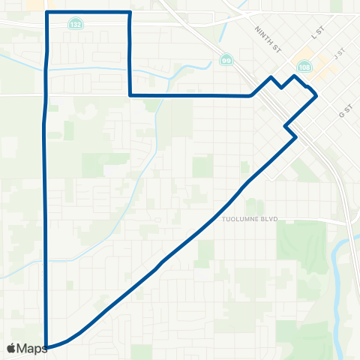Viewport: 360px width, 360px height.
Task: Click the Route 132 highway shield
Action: click(x=78, y=24)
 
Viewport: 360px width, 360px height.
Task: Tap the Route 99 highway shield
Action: click(x=226, y=59)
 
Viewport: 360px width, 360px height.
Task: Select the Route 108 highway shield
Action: click(x=304, y=67)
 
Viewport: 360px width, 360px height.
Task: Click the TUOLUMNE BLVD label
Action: click(x=250, y=220)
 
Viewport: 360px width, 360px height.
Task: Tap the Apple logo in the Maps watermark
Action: click(x=11, y=349)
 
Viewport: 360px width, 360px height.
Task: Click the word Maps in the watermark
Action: click(x=32, y=349)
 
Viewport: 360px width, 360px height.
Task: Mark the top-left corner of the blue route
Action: click(x=48, y=13)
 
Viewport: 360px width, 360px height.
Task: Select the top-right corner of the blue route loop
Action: click(x=130, y=13)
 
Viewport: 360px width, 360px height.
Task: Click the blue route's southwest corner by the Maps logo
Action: click(x=47, y=347)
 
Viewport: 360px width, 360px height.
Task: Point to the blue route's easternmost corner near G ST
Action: click(x=317, y=95)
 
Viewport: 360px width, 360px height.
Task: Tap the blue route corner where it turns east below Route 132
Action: click(x=131, y=95)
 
